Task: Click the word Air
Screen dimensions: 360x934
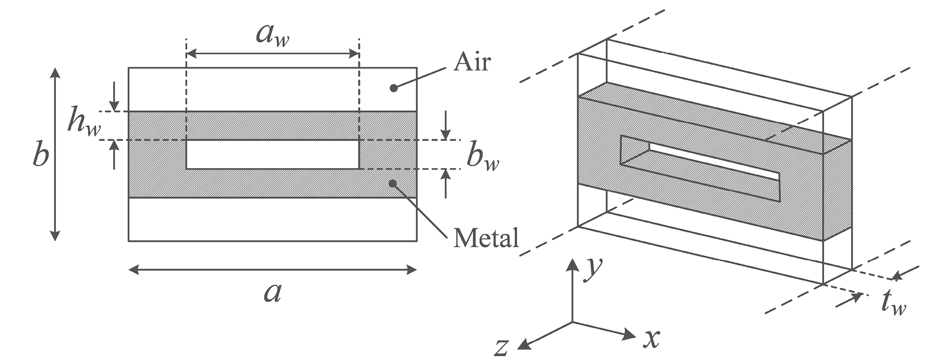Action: pyautogui.click(x=472, y=62)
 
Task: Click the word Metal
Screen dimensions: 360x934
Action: pyautogui.click(x=486, y=238)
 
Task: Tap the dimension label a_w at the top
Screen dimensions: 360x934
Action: pyautogui.click(x=273, y=37)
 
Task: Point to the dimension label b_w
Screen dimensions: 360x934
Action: pyautogui.click(x=483, y=158)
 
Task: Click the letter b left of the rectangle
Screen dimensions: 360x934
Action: pyautogui.click(x=41, y=155)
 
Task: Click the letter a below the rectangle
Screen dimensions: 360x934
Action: pyautogui.click(x=273, y=293)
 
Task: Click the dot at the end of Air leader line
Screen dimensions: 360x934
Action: pyautogui.click(x=393, y=88)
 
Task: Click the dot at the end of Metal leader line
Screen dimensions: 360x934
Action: pyautogui.click(x=392, y=183)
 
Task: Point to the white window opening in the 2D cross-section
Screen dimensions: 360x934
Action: pyautogui.click(x=273, y=154)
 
